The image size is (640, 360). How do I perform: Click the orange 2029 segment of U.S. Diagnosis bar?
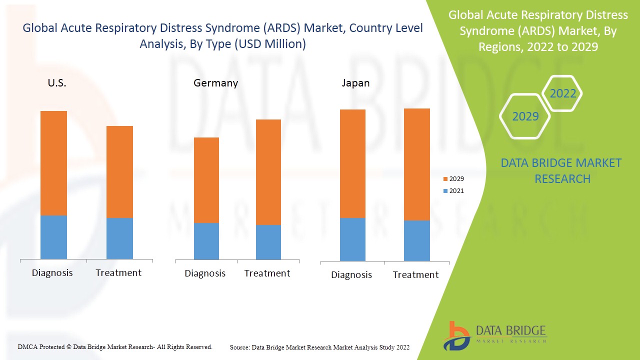pyautogui.click(x=53, y=163)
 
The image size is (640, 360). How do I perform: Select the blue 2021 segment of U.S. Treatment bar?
pyautogui.click(x=119, y=238)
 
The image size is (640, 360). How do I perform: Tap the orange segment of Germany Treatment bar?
pyautogui.click(x=268, y=172)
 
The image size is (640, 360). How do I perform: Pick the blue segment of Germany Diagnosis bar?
pyautogui.click(x=206, y=241)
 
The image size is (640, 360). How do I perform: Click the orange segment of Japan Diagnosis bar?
pyautogui.click(x=352, y=163)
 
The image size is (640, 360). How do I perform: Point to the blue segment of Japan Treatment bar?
pyautogui.click(x=416, y=240)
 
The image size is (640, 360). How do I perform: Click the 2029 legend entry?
pyautogui.click(x=453, y=178)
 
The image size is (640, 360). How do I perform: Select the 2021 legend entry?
pyautogui.click(x=453, y=190)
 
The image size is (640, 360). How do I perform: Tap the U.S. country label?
pyautogui.click(x=57, y=83)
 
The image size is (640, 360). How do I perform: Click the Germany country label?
pyautogui.click(x=215, y=83)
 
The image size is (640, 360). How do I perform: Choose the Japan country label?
pyautogui.click(x=355, y=83)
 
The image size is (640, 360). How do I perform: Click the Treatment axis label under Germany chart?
pyautogui.click(x=267, y=273)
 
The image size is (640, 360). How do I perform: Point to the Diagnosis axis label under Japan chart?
pyautogui.click(x=351, y=275)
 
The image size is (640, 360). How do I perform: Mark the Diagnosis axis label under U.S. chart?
pyautogui.click(x=52, y=273)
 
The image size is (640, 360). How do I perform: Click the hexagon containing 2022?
pyautogui.click(x=562, y=93)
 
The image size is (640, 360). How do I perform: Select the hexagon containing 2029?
pyautogui.click(x=525, y=116)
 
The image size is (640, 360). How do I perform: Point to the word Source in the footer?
pyautogui.click(x=239, y=347)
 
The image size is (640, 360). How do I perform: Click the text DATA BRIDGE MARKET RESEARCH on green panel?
pyautogui.click(x=561, y=170)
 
